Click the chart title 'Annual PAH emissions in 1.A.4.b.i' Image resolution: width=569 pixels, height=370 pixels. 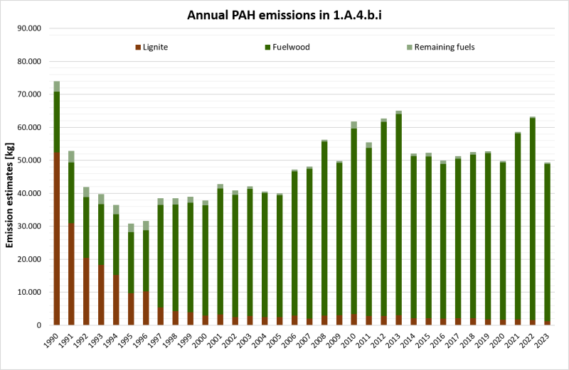(284, 15)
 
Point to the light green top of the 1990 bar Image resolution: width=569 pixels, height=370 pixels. (56, 87)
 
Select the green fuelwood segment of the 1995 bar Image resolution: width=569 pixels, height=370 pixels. (131, 263)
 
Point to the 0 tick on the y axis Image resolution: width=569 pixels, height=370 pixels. (43, 325)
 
